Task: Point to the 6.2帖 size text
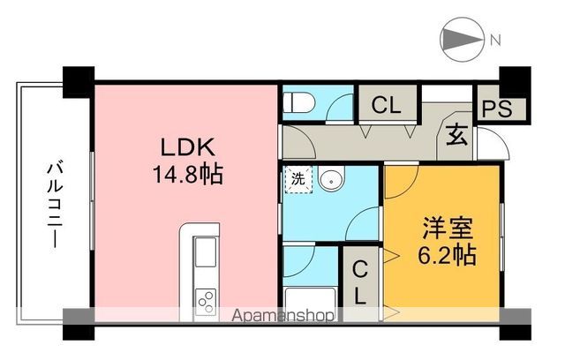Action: tap(446, 257)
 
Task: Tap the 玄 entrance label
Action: tap(456, 137)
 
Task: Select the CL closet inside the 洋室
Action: tap(361, 281)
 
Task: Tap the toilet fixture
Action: tap(296, 102)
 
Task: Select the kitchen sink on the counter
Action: tap(205, 255)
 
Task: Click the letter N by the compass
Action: tap(496, 40)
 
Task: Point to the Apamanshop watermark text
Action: tap(283, 315)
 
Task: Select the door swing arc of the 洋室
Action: tap(399, 181)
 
